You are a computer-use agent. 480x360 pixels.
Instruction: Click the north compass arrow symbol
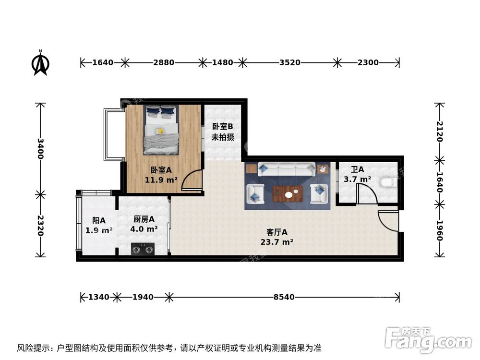point(41,64)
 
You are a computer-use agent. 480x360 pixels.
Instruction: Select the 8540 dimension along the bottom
point(284,298)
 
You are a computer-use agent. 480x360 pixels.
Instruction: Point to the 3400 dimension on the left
point(40,148)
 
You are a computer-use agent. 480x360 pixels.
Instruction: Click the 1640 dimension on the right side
point(439,181)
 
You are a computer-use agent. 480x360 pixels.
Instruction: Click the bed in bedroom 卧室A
point(161,130)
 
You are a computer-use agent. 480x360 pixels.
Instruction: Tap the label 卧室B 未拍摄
point(223,132)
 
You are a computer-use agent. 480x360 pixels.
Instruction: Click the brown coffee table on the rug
point(287,194)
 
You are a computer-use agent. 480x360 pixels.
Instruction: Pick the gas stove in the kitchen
point(143,249)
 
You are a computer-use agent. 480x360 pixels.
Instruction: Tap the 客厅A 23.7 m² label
point(277,237)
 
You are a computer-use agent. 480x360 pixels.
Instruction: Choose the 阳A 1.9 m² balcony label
point(99,226)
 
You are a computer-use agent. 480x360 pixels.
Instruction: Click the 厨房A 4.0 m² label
point(144,224)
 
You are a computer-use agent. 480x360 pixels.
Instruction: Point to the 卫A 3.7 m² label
point(357,175)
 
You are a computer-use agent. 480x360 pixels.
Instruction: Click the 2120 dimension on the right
point(439,131)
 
